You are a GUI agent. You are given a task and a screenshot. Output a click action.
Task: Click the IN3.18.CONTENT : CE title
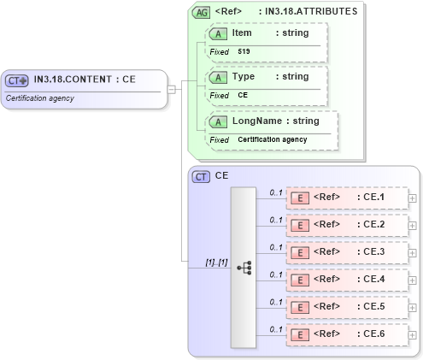pyautogui.click(x=85, y=80)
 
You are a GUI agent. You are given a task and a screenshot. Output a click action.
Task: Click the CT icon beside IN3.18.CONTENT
pyautogui.click(x=18, y=80)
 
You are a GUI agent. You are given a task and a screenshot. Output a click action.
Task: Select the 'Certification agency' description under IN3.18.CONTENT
pyautogui.click(x=40, y=98)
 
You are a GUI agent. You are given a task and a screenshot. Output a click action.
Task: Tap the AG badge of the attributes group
pyautogui.click(x=201, y=12)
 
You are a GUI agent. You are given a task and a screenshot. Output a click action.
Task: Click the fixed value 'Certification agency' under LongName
pyautogui.click(x=272, y=139)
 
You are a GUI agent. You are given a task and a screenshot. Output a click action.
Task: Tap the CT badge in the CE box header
pyautogui.click(x=201, y=176)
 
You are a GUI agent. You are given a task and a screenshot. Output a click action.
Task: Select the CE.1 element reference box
pyautogui.click(x=347, y=198)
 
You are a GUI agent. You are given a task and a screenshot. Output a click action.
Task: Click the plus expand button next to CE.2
pyautogui.click(x=413, y=226)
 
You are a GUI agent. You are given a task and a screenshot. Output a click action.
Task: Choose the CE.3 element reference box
pyautogui.click(x=347, y=252)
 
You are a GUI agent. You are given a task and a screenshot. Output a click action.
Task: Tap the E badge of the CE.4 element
pyautogui.click(x=300, y=280)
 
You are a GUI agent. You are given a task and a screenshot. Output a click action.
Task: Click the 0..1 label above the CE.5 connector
pyautogui.click(x=275, y=302)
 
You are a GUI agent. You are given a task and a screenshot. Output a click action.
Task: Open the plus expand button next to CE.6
pyautogui.click(x=413, y=335)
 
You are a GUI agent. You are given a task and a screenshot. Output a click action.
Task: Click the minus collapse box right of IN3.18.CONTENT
pyautogui.click(x=172, y=88)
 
